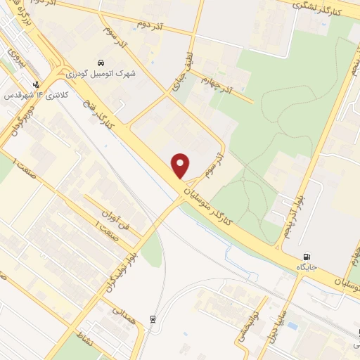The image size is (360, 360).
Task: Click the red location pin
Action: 181,166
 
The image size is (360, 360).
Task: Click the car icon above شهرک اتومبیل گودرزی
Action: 102,61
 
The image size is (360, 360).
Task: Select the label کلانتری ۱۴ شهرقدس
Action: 32,94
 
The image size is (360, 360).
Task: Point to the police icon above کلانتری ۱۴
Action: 36,84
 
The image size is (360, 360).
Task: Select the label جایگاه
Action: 307,267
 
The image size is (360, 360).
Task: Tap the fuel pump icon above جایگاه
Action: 307,257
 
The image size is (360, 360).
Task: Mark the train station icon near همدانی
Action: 153,320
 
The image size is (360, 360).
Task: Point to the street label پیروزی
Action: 13,58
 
